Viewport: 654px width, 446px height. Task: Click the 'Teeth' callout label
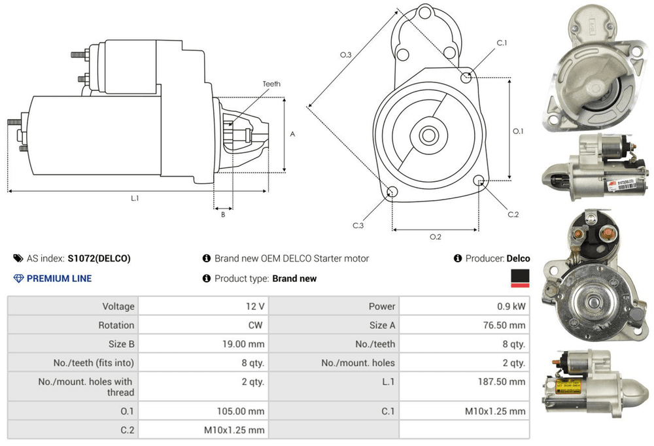271,84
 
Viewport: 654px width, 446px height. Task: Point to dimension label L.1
135,198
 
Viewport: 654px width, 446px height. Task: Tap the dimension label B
223,214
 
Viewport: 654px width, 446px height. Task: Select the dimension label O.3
346,55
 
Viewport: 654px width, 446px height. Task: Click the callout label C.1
502,43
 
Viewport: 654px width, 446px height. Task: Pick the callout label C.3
358,226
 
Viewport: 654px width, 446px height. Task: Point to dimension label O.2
436,237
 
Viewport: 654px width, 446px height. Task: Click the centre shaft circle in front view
429,136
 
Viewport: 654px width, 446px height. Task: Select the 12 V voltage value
255,306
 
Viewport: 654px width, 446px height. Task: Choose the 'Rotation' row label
116,325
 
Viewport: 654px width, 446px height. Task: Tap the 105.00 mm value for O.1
241,411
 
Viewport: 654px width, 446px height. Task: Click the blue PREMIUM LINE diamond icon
18,279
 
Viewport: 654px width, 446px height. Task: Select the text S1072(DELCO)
99,258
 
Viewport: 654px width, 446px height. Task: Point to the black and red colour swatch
520,279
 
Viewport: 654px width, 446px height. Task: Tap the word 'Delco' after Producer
518,258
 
